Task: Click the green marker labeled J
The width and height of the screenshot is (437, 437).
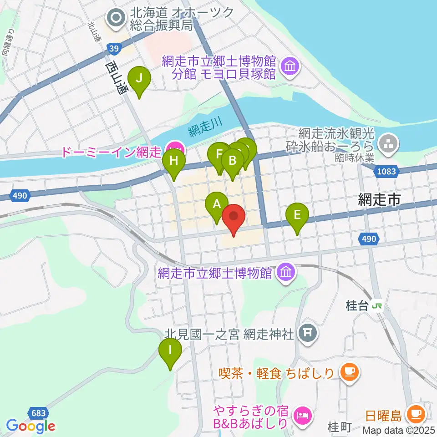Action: (x=139, y=78)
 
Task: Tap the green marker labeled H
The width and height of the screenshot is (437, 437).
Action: (x=174, y=161)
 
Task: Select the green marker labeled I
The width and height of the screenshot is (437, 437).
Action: (x=170, y=351)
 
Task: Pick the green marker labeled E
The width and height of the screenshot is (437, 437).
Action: (x=297, y=214)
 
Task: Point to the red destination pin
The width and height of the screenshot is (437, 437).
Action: (x=234, y=216)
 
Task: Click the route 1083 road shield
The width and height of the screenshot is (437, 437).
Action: (x=387, y=171)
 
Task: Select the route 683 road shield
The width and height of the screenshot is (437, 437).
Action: (x=38, y=413)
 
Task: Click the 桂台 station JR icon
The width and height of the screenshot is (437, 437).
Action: (x=377, y=306)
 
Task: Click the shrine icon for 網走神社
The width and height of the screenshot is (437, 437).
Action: (x=308, y=334)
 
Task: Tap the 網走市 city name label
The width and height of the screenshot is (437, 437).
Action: (x=379, y=199)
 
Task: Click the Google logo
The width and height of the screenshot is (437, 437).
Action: (x=31, y=427)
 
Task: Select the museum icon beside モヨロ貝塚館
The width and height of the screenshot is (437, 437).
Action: (x=289, y=67)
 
